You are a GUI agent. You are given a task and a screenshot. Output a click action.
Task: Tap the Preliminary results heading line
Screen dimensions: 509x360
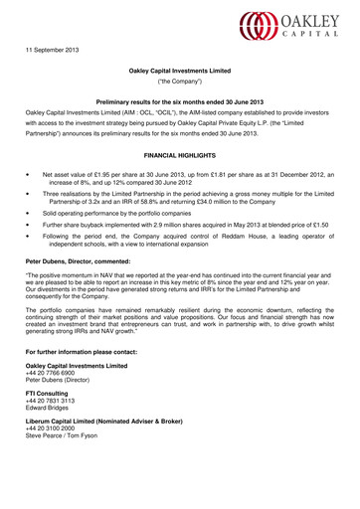179,102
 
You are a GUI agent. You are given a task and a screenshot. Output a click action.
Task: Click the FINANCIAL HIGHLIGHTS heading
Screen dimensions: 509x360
179,157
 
